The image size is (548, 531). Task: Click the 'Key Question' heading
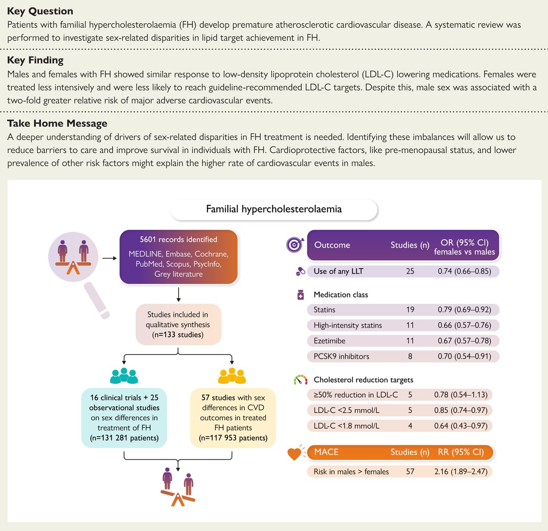pos(40,11)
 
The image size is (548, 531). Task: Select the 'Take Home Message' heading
pos(57,123)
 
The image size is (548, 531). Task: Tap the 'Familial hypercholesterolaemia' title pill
pos(274,209)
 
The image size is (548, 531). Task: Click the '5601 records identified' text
pos(179,239)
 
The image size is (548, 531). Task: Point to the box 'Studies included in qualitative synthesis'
pos(178,324)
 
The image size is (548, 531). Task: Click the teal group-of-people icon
pos(124,375)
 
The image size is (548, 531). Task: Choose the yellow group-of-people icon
pos(232,375)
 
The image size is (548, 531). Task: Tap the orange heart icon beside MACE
pos(295,453)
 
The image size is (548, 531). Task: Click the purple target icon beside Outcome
pos(295,245)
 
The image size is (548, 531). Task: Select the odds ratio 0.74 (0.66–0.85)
pos(464,271)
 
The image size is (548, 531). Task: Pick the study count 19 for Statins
pos(410,310)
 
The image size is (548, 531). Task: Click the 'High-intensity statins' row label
pos(348,325)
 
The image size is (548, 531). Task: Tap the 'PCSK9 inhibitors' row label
pos(341,356)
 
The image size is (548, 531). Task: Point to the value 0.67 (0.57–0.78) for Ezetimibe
pos(464,341)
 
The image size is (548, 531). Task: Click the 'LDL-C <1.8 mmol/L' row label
pos(346,426)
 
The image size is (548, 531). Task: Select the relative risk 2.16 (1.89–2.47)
pos(460,471)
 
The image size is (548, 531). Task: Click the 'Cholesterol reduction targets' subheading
pos(363,380)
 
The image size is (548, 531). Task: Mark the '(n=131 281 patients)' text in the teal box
pos(124,438)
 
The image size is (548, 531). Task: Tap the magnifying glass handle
pos(97,300)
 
